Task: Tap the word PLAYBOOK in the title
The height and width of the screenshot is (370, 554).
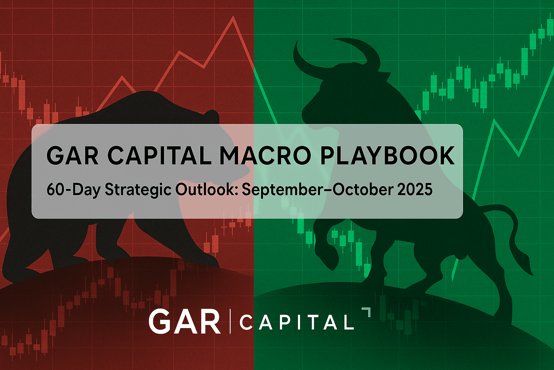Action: pos(387,156)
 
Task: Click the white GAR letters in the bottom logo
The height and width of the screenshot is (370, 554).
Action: pos(184,321)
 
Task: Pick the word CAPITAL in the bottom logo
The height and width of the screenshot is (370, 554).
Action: pos(296,322)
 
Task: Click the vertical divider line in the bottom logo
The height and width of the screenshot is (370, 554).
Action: pos(230,321)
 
